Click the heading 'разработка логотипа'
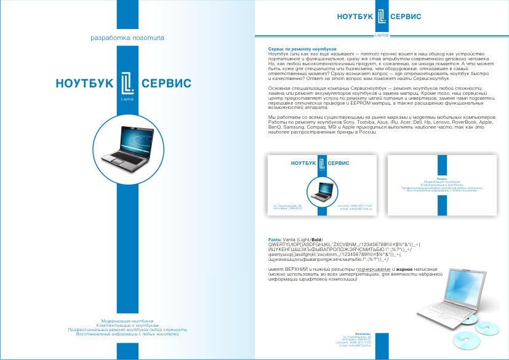[127, 38]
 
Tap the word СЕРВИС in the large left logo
[166, 83]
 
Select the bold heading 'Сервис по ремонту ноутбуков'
[299, 48]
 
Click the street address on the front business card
[288, 205]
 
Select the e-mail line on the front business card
[356, 209]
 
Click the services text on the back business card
[442, 185]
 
